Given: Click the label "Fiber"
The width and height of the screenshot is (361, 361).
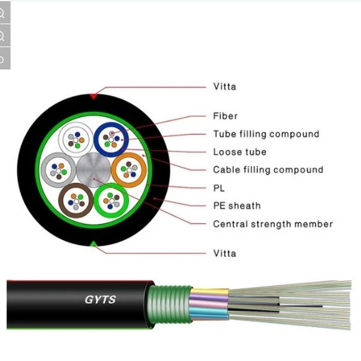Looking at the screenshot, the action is click(225, 116).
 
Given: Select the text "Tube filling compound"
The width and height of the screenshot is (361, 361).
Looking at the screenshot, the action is click(266, 134).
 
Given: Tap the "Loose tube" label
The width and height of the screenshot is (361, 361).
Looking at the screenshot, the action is click(239, 152).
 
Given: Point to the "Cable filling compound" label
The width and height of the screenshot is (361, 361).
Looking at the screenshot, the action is click(268, 170).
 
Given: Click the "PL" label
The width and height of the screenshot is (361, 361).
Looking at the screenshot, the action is click(219, 188).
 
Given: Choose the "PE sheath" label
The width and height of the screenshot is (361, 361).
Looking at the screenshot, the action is click(237, 205).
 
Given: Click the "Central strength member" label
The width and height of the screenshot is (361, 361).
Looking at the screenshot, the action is click(273, 224).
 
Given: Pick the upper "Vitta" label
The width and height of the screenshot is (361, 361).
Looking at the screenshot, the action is click(225, 87).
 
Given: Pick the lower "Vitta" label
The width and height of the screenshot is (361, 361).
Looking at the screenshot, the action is click(225, 253).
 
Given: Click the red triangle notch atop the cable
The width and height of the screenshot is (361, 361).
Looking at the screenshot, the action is click(93, 96).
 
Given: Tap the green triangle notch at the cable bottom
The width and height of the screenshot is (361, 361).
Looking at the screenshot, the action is click(93, 244).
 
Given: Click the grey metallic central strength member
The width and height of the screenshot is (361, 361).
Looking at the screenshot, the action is click(94, 170).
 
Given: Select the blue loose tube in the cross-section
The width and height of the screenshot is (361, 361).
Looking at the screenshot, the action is click(97, 140).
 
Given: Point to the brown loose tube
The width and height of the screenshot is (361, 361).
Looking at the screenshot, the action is click(61, 200).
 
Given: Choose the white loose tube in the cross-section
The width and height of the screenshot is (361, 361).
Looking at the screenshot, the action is click(61, 140).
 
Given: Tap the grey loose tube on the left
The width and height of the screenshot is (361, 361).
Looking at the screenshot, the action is click(44, 170).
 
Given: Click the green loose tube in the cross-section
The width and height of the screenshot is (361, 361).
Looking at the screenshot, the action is click(97, 200).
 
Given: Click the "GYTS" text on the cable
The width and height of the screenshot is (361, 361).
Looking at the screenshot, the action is click(100, 300).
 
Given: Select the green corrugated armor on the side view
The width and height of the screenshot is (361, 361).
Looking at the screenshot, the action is click(169, 304).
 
